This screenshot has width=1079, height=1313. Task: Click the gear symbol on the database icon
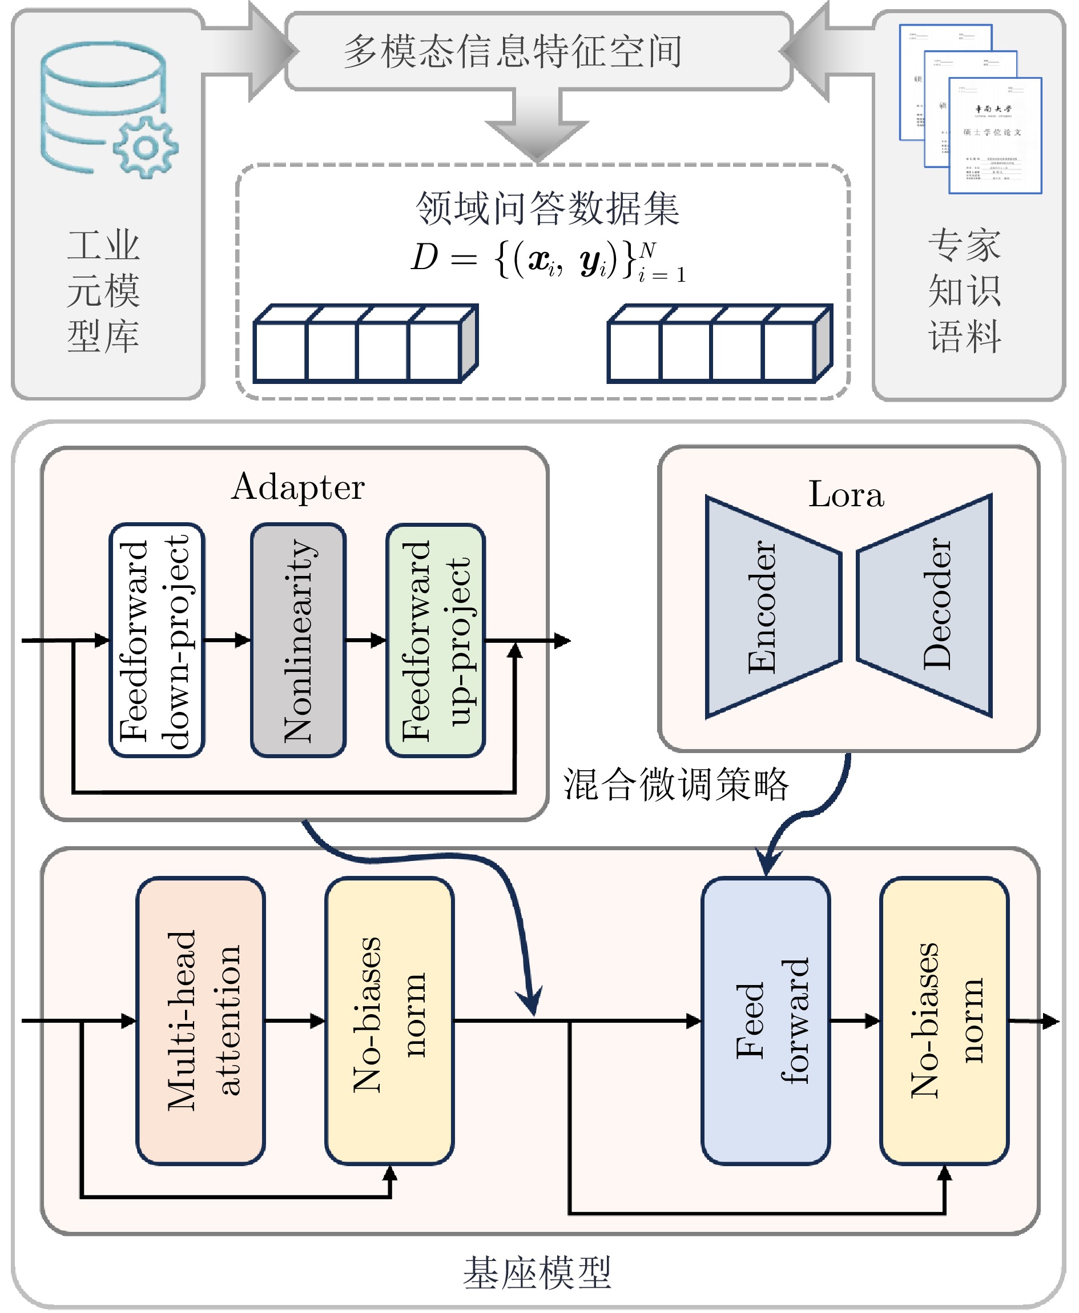146,147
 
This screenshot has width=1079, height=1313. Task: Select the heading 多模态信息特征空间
512,51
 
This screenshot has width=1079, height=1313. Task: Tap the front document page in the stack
995,135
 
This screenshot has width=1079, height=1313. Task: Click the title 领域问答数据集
547,208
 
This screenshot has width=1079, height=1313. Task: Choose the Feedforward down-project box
156,640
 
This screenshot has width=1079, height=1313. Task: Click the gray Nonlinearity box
299,640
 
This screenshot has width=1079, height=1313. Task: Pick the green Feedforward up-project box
435,640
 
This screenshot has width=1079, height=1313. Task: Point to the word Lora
846,495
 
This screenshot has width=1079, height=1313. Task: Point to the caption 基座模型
537,1272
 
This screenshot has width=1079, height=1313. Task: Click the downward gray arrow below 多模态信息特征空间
537,127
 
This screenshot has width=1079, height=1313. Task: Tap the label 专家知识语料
964,291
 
